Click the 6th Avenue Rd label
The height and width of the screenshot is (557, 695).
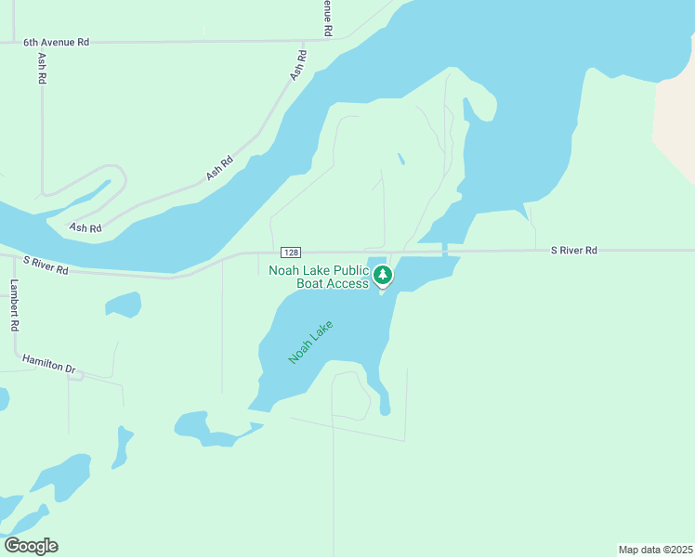[57, 43]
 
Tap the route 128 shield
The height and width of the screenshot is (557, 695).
[292, 253]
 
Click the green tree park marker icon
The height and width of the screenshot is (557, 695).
[382, 275]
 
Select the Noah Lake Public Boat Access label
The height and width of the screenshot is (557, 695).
[319, 277]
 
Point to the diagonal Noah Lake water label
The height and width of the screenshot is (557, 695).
[310, 342]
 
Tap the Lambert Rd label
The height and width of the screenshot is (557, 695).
[15, 306]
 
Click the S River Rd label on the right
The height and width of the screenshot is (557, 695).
[573, 251]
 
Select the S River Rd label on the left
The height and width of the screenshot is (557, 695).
[46, 266]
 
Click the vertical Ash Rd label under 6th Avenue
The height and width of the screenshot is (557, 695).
[42, 69]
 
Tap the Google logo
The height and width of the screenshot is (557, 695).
[31, 546]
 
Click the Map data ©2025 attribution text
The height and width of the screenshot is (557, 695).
[655, 550]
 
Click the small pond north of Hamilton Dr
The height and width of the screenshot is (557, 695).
[124, 304]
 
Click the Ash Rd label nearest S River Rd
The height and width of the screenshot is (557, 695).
[85, 227]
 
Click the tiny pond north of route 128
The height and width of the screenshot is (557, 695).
[400, 159]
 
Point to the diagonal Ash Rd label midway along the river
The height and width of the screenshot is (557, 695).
[219, 168]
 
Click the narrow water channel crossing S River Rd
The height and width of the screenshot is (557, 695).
[446, 250]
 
